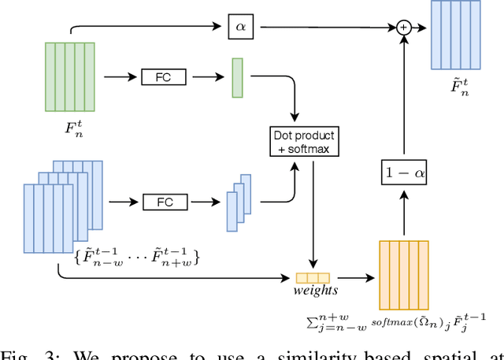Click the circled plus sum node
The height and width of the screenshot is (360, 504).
point(404,27)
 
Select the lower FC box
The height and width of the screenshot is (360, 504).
point(165,202)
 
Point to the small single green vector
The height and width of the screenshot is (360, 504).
point(237,78)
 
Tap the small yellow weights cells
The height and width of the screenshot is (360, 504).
point(313,277)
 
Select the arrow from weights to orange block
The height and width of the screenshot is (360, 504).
point(354,277)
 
